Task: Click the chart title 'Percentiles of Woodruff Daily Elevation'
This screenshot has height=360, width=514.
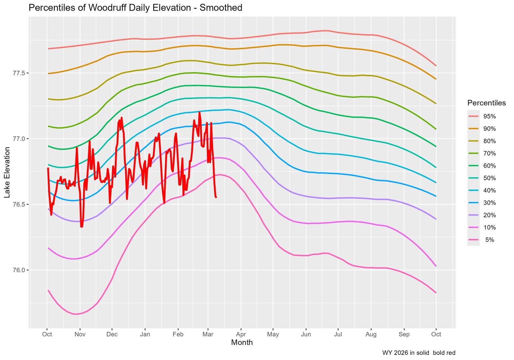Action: pyautogui.click(x=135, y=8)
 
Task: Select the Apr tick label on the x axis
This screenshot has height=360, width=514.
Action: pyautogui.click(x=241, y=335)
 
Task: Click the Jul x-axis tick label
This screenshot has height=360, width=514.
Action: pyautogui.click(x=338, y=335)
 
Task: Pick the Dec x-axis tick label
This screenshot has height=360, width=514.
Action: pyautogui.click(x=112, y=335)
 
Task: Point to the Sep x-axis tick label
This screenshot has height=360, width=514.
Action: pyautogui.click(x=404, y=335)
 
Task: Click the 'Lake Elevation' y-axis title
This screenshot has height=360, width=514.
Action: pyautogui.click(x=7, y=172)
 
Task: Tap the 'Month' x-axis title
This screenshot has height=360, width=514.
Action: pyautogui.click(x=242, y=343)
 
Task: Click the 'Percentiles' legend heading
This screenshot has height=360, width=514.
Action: pyautogui.click(x=486, y=103)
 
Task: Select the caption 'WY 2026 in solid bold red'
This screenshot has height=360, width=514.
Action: pyautogui.click(x=419, y=353)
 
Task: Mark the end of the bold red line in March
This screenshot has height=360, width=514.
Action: pyautogui.click(x=216, y=197)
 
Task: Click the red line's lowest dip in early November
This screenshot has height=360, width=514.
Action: pyautogui.click(x=82, y=227)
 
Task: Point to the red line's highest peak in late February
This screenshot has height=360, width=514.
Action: pyautogui.click(x=199, y=112)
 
